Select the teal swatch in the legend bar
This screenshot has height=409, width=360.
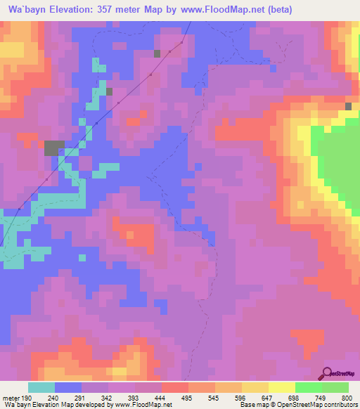click(x=41, y=388)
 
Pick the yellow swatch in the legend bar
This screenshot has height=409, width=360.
click(x=282, y=388)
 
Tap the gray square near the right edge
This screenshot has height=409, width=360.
click(x=349, y=106)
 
